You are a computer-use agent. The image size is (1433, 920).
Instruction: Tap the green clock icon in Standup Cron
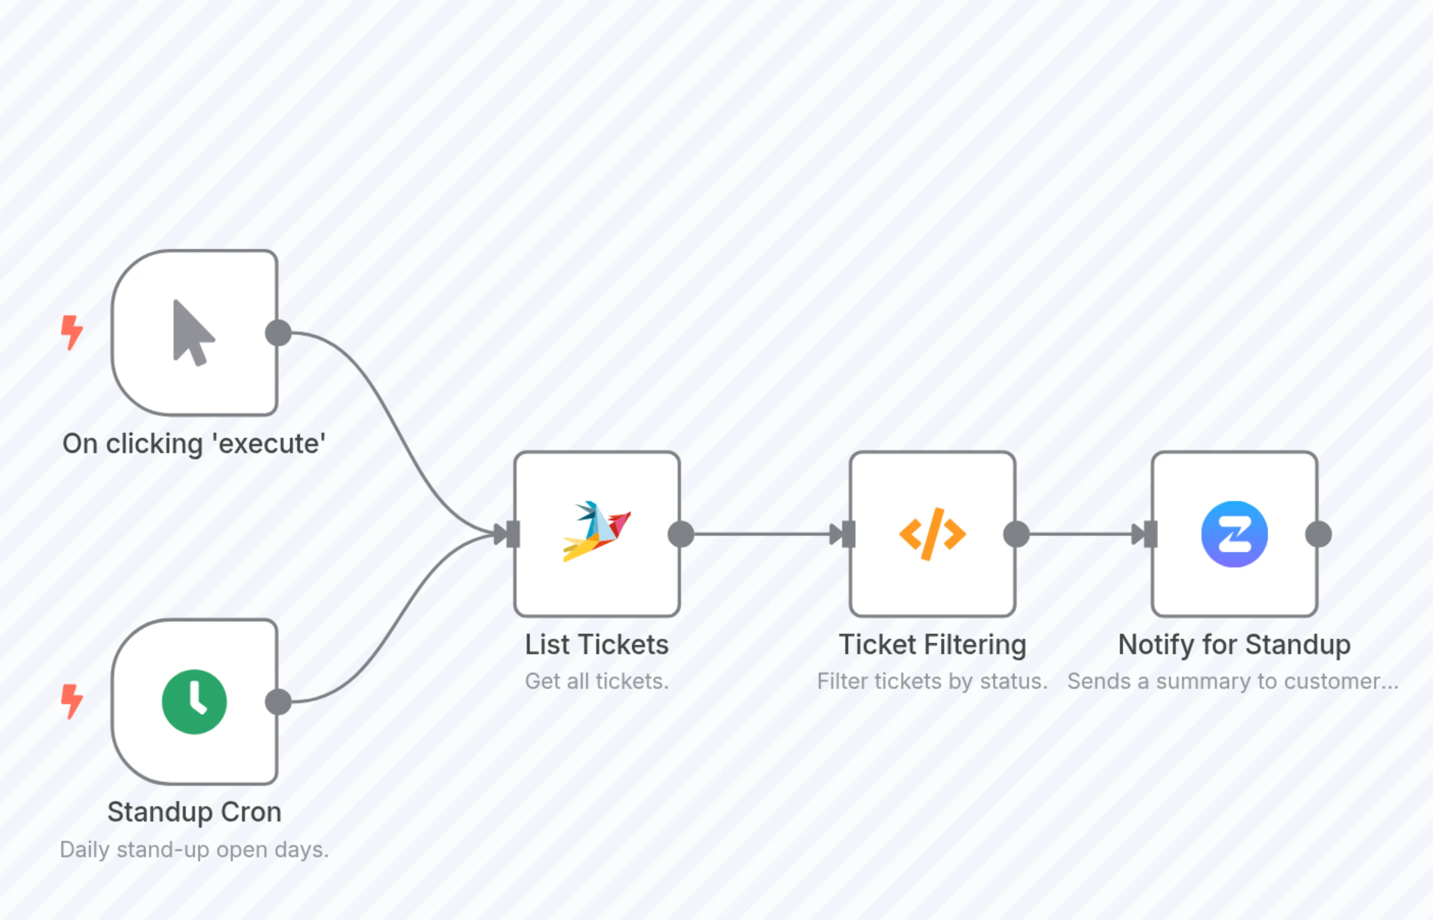pyautogui.click(x=194, y=702)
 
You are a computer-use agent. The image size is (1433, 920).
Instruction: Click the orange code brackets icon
pyautogui.click(x=932, y=534)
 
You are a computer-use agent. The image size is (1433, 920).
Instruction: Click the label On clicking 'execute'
pyautogui.click(x=194, y=444)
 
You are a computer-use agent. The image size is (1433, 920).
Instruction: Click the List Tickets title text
pyautogui.click(x=596, y=645)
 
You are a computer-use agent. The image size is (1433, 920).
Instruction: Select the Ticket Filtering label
pyautogui.click(x=932, y=645)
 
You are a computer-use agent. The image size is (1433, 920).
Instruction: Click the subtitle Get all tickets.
pyautogui.click(x=596, y=681)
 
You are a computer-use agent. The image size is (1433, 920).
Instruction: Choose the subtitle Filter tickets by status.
pyautogui.click(x=932, y=681)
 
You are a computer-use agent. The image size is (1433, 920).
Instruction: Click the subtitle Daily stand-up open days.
pyautogui.click(x=194, y=850)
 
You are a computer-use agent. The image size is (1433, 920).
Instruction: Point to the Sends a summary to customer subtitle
pyautogui.click(x=1233, y=681)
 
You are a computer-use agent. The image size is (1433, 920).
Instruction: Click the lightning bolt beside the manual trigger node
pyautogui.click(x=72, y=332)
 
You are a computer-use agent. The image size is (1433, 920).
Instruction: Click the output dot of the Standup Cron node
pyautogui.click(x=278, y=702)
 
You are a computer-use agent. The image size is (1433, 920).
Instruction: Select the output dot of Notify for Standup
pyautogui.click(x=1318, y=534)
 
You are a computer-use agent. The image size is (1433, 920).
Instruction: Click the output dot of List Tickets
pyautogui.click(x=681, y=534)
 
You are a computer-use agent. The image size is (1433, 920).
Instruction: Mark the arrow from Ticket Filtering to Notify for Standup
pyautogui.click(x=1082, y=534)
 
